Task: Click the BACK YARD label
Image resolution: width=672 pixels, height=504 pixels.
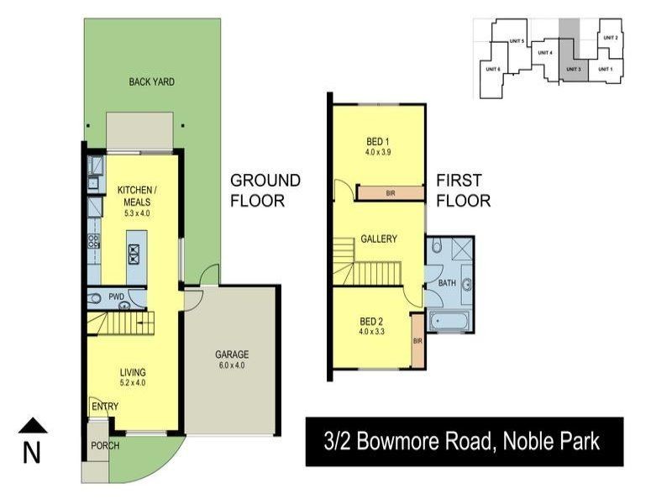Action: [151, 81]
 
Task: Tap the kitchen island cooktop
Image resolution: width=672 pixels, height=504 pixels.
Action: [134, 253]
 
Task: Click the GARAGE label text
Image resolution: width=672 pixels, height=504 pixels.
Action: [230, 354]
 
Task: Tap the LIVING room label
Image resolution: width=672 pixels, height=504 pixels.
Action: [133, 372]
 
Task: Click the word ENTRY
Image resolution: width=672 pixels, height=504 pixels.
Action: [105, 407]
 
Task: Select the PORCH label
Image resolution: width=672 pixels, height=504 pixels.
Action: [105, 445]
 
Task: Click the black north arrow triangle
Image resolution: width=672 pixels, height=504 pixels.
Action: [32, 426]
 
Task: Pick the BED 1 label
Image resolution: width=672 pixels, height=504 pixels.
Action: [378, 140]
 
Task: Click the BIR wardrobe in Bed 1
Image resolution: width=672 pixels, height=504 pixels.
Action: [390, 193]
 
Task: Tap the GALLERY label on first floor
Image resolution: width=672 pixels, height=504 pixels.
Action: [378, 239]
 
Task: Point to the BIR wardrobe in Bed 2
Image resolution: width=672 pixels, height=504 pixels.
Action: [417, 341]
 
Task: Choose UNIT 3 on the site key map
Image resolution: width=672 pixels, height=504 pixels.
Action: [573, 69]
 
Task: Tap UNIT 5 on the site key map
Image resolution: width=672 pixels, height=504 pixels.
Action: [517, 41]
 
